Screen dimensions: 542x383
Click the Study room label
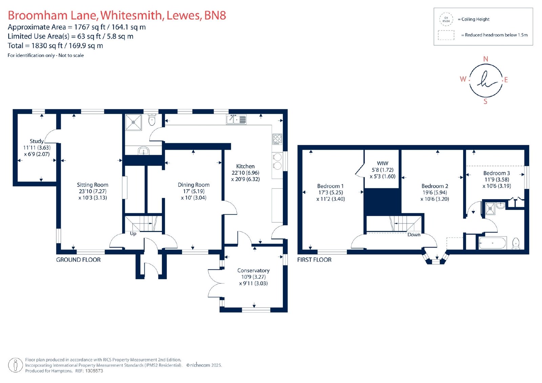37,141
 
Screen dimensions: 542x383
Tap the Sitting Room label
92,185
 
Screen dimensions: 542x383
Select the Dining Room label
193,185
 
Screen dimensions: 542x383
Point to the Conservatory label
253,271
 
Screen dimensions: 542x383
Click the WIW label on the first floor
382,163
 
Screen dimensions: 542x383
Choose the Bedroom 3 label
497,173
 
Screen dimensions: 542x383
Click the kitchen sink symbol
236,120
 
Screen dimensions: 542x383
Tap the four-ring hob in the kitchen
277,139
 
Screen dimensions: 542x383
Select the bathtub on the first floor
493,243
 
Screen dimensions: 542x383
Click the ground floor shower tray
133,122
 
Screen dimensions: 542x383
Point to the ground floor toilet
152,119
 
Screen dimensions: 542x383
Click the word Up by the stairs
133,234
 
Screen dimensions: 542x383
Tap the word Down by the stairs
414,235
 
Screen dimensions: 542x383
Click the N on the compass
485,59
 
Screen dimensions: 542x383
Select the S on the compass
485,102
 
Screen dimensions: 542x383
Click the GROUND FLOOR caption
78,260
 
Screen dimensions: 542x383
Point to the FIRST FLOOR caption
314,260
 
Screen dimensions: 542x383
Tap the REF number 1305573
94,371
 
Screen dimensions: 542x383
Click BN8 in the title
215,15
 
